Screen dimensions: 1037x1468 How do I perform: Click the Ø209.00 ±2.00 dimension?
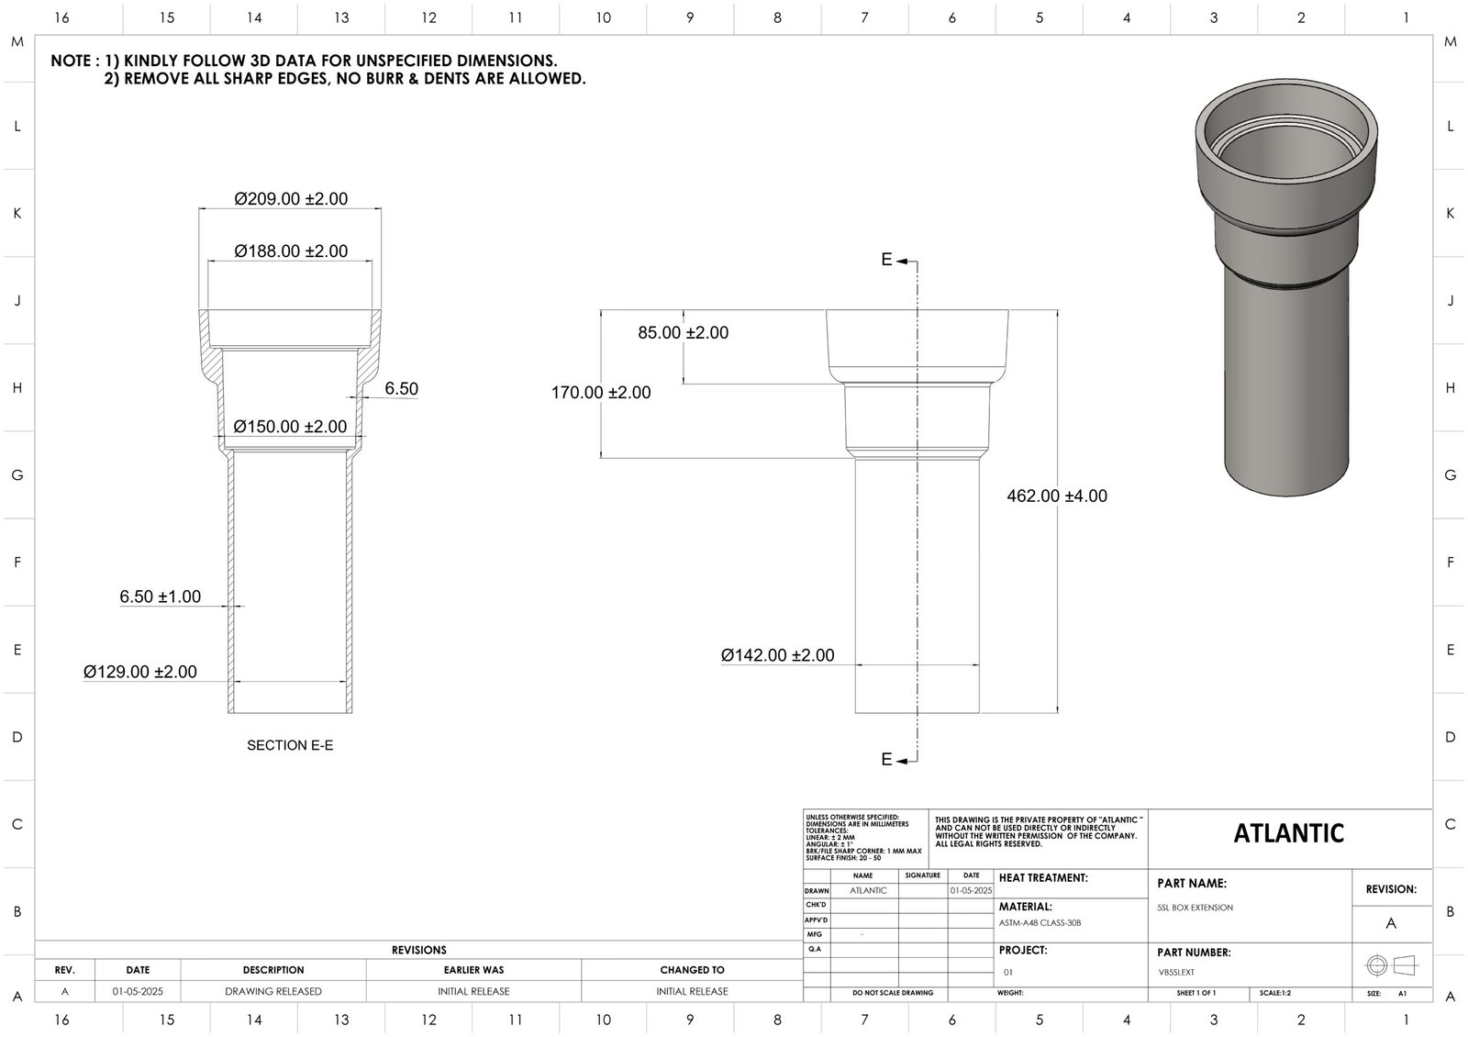pos(291,198)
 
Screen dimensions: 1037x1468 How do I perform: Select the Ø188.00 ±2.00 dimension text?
pos(291,251)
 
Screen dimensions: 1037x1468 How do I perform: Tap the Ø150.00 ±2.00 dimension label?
pos(290,427)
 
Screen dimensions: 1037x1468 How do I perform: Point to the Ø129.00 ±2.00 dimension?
pos(139,672)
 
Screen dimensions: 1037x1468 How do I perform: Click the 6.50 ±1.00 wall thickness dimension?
pos(160,597)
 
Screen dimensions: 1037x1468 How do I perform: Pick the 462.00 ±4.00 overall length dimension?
pos(1057,496)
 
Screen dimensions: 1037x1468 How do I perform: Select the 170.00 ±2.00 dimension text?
pos(601,393)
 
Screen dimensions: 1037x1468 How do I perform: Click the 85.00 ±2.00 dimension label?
pos(683,332)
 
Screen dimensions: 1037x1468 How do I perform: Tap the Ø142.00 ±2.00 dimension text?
pos(777,655)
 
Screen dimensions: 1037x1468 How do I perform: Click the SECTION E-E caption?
pos(290,745)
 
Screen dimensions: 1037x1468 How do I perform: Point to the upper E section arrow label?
pos(887,260)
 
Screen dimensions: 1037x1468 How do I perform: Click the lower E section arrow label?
pos(887,759)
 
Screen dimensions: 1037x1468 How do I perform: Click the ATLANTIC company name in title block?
pos(1288,833)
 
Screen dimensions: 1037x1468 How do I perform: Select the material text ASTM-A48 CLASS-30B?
pos(1040,923)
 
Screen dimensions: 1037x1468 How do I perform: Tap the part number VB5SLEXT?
pos(1176,972)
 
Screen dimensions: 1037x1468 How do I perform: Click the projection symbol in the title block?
pos(1391,965)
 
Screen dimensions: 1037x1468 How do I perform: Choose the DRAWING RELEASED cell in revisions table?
pos(273,991)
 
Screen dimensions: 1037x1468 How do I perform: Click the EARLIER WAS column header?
pos(473,970)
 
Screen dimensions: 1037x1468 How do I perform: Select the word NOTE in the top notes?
pos(70,61)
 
